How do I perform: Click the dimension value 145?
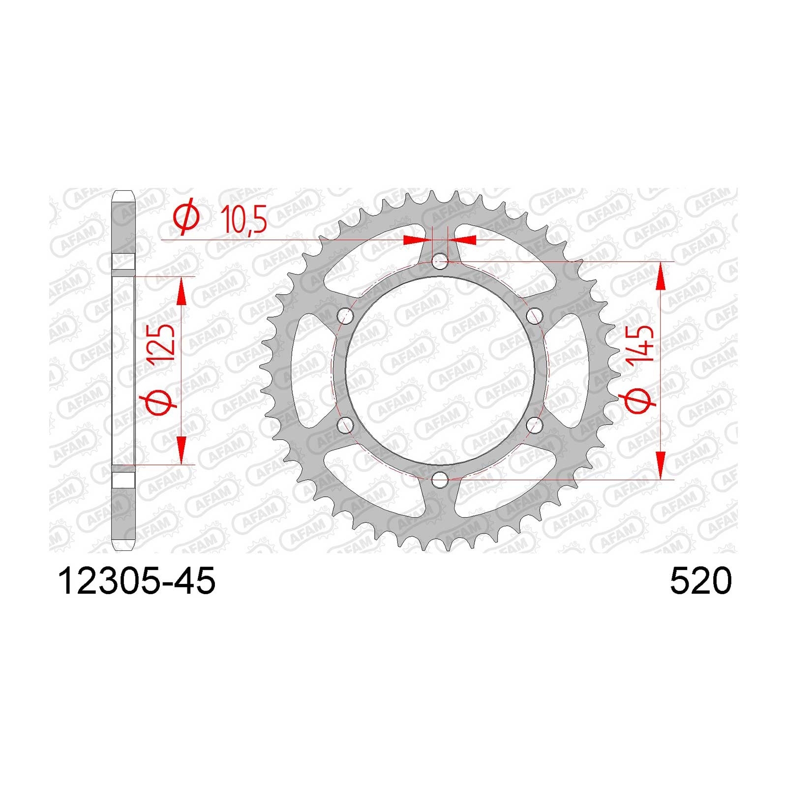pos(639,344)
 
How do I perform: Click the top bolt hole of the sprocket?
pos(440,262)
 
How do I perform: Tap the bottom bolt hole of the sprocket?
pos(440,479)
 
